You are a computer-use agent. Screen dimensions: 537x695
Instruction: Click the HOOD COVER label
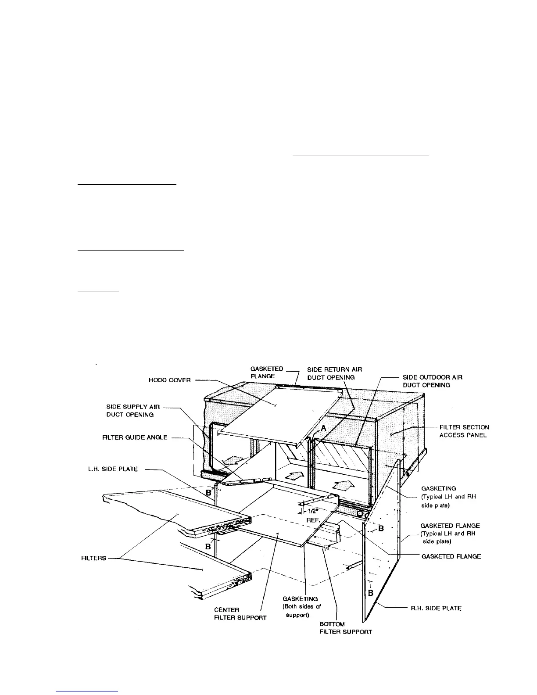click(170, 380)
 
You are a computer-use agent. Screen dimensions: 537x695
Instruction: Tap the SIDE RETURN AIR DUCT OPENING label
click(334, 373)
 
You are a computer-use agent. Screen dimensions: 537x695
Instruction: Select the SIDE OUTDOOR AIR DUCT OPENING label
click(432, 381)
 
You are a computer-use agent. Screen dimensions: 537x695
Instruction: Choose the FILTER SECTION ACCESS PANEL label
click(464, 431)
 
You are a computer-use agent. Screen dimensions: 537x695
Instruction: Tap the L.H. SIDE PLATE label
click(113, 469)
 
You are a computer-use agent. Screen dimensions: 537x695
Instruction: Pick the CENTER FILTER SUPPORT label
click(240, 614)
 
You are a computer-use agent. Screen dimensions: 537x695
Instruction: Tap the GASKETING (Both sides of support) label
click(302, 607)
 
